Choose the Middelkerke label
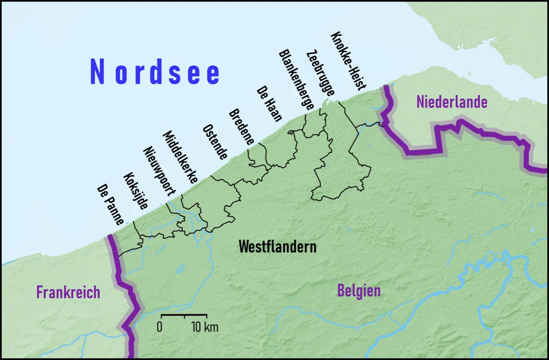180,157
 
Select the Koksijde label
136,192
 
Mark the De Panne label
110,205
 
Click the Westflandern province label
277,247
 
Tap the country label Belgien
359,290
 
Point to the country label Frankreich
68,292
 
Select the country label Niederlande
452,102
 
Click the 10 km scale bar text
205,327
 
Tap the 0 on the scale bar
160,327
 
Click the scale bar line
184,315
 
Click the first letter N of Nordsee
97,72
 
